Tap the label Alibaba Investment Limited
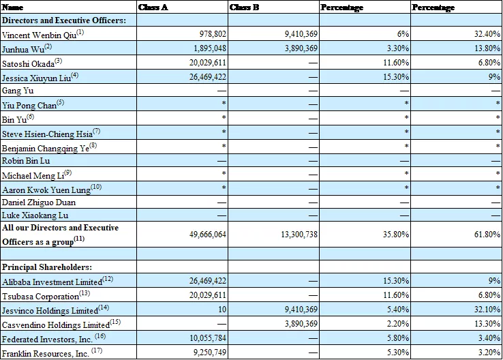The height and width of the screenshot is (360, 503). [x=52, y=280]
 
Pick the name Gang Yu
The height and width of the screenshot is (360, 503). [x=18, y=91]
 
